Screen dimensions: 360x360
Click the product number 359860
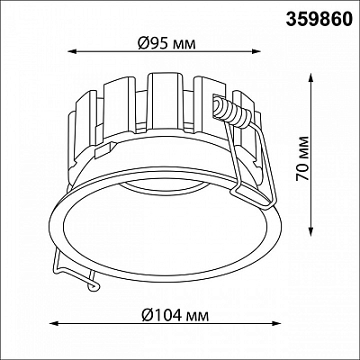tap(319, 19)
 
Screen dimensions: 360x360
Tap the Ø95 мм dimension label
tap(167, 44)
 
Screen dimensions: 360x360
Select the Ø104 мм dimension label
tap(175, 316)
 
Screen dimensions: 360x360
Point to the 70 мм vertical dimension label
tap(302, 158)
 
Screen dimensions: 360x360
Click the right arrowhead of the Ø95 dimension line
tap(256, 52)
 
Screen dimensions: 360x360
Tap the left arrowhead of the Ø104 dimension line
tap(53, 323)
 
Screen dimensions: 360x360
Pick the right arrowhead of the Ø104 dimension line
tap(276, 323)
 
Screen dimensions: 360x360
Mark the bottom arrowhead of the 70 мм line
tap(311, 231)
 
